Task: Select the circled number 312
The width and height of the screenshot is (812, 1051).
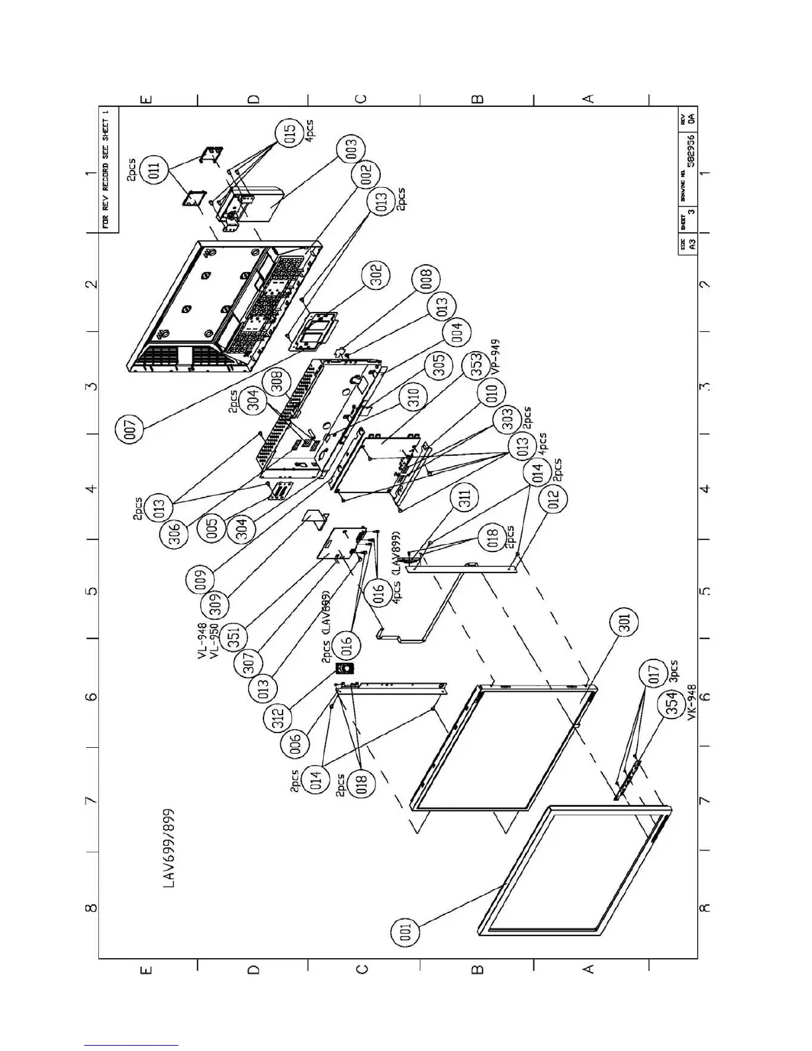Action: pos(279,716)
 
